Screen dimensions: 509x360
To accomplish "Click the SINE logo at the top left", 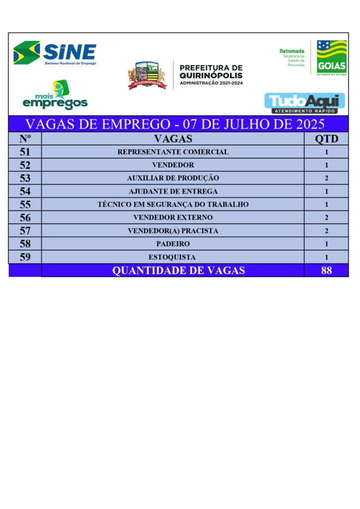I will [x=55, y=53].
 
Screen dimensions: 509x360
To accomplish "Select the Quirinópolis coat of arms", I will [x=147, y=75].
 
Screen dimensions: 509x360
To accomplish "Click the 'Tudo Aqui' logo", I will [x=304, y=103].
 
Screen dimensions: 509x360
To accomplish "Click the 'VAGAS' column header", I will [x=173, y=139].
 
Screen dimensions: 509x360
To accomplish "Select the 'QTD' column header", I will [x=327, y=139].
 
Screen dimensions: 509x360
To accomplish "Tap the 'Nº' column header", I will [x=25, y=139].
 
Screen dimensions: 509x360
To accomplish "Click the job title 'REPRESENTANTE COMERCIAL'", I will [x=173, y=152].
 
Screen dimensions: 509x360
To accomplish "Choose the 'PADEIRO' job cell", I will [x=173, y=244].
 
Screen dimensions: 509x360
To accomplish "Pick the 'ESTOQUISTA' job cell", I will [x=172, y=257].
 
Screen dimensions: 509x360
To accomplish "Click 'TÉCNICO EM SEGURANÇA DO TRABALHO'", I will [x=173, y=204].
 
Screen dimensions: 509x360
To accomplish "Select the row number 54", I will [x=25, y=191].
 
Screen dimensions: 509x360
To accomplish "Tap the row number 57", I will [x=25, y=231].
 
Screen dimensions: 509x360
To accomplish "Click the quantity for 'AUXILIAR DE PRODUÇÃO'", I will [x=327, y=178].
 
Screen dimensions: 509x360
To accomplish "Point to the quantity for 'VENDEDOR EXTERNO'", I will [x=327, y=218].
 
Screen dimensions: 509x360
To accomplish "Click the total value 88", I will [x=327, y=270].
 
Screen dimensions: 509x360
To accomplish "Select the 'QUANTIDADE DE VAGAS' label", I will [x=179, y=270].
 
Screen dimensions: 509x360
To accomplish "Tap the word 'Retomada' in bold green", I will [x=291, y=51].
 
